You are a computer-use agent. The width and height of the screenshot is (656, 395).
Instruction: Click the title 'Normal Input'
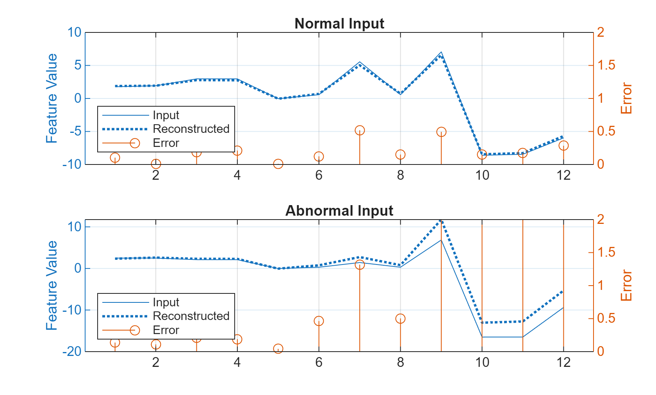point(339,23)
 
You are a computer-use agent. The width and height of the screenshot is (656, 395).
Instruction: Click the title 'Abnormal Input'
point(339,211)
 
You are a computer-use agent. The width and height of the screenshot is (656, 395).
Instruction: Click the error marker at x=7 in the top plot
point(360,130)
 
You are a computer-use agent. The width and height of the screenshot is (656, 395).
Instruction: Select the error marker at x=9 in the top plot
point(441,132)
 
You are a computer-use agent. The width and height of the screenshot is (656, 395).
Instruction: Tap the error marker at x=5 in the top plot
point(278,164)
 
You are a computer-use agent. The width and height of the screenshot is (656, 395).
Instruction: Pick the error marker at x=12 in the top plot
point(563,145)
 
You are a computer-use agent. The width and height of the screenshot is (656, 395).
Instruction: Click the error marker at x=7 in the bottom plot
point(360,265)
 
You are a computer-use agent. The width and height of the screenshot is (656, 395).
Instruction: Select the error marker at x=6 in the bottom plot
point(319,321)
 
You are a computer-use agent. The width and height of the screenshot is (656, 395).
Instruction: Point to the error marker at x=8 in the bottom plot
point(400,319)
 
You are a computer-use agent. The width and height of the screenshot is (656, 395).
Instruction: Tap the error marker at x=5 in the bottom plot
point(278,349)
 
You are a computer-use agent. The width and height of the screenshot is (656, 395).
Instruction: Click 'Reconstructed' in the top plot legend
point(191,129)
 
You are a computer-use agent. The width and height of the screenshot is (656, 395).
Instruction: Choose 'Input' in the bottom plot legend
point(166,302)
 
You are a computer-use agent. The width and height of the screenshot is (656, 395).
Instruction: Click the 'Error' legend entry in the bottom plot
point(166,330)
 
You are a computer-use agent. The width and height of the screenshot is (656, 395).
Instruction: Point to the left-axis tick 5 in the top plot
point(78,65)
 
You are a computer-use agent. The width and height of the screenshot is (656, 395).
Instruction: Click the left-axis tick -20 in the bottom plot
point(72,351)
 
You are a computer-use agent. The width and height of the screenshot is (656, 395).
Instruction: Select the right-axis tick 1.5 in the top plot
point(606,65)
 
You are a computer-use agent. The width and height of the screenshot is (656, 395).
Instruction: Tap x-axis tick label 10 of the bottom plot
point(482,362)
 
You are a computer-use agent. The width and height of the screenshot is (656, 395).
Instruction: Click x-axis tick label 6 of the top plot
point(319,175)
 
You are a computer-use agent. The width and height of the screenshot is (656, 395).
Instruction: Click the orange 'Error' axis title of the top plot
point(626,98)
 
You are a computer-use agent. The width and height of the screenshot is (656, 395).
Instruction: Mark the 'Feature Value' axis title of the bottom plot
point(52,285)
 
